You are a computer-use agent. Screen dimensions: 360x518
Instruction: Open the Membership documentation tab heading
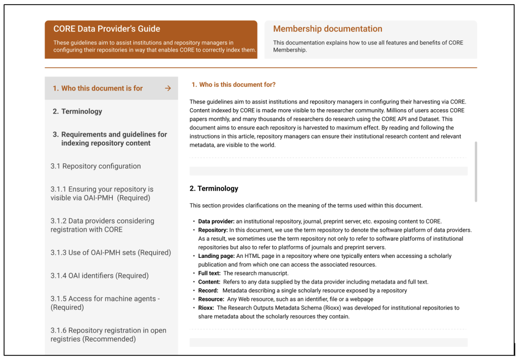point(327,29)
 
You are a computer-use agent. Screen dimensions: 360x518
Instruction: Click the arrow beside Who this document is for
point(168,88)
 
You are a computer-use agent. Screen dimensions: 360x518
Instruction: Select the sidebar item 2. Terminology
point(77,111)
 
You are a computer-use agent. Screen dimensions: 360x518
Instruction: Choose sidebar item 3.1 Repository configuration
point(96,166)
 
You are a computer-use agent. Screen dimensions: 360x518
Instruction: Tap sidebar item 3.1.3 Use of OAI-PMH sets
point(111,252)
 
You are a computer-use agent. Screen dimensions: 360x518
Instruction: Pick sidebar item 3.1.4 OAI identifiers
point(100,276)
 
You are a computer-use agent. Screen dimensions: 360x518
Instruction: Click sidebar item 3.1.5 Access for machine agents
point(105,303)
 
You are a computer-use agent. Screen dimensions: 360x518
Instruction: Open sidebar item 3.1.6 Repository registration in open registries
point(108,335)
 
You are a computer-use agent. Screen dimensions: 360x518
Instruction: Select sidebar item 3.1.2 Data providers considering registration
point(102,225)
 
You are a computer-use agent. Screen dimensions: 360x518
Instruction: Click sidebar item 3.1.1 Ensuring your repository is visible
point(102,193)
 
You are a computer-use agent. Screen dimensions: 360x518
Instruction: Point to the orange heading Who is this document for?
point(233,84)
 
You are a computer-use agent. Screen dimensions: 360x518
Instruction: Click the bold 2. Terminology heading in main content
point(213,189)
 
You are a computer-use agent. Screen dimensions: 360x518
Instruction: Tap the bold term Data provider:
point(216,221)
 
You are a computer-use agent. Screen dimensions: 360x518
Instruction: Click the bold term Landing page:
point(215,256)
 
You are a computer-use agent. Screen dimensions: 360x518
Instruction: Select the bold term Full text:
point(209,274)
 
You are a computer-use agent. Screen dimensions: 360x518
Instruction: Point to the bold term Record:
point(208,291)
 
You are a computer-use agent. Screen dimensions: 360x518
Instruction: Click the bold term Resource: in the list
point(210,299)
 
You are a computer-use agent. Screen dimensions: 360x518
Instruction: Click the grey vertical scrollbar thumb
point(476,171)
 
